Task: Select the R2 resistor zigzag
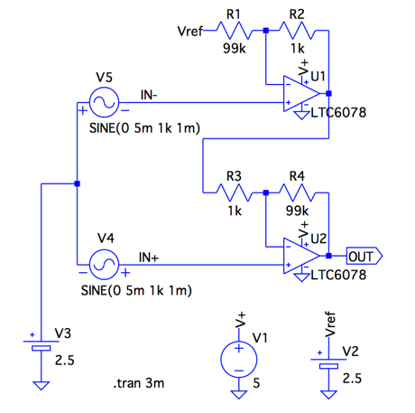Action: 298,31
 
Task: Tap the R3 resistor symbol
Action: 235,192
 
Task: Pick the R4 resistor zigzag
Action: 298,192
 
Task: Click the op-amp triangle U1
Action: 301,94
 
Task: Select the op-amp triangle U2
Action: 301,256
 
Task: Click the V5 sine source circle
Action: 104,102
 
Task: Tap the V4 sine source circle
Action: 104,265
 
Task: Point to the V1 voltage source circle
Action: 239,360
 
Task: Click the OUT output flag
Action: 364,257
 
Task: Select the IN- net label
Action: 149,95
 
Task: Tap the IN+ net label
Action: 149,258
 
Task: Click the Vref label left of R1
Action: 190,31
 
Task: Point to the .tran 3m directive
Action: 139,383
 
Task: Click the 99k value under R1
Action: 235,48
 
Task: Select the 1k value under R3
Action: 235,211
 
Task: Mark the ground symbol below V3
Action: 41,386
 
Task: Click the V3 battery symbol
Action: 41,345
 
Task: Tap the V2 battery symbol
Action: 328,363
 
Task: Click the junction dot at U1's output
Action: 328,94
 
